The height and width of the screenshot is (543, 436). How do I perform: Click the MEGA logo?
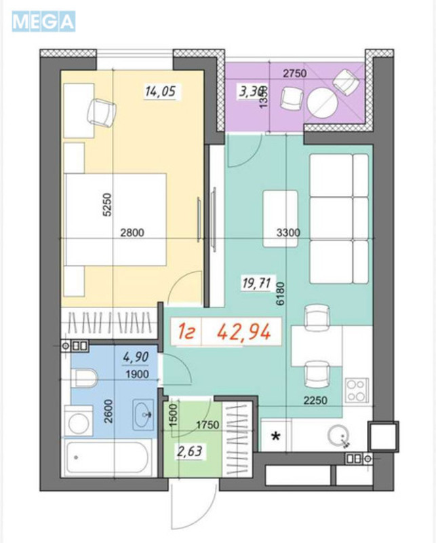pyautogui.click(x=43, y=22)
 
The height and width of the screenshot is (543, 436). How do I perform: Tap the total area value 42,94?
pyautogui.click(x=243, y=333)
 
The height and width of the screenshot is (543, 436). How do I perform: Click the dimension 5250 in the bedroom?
pyautogui.click(x=106, y=204)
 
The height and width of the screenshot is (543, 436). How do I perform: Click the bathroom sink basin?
pyautogui.click(x=144, y=414)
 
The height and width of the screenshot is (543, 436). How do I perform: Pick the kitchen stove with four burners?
pyautogui.click(x=357, y=390)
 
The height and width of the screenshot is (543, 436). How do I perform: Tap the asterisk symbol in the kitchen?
pyautogui.click(x=276, y=436)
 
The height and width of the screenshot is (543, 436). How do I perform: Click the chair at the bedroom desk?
pyautogui.click(x=103, y=113)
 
